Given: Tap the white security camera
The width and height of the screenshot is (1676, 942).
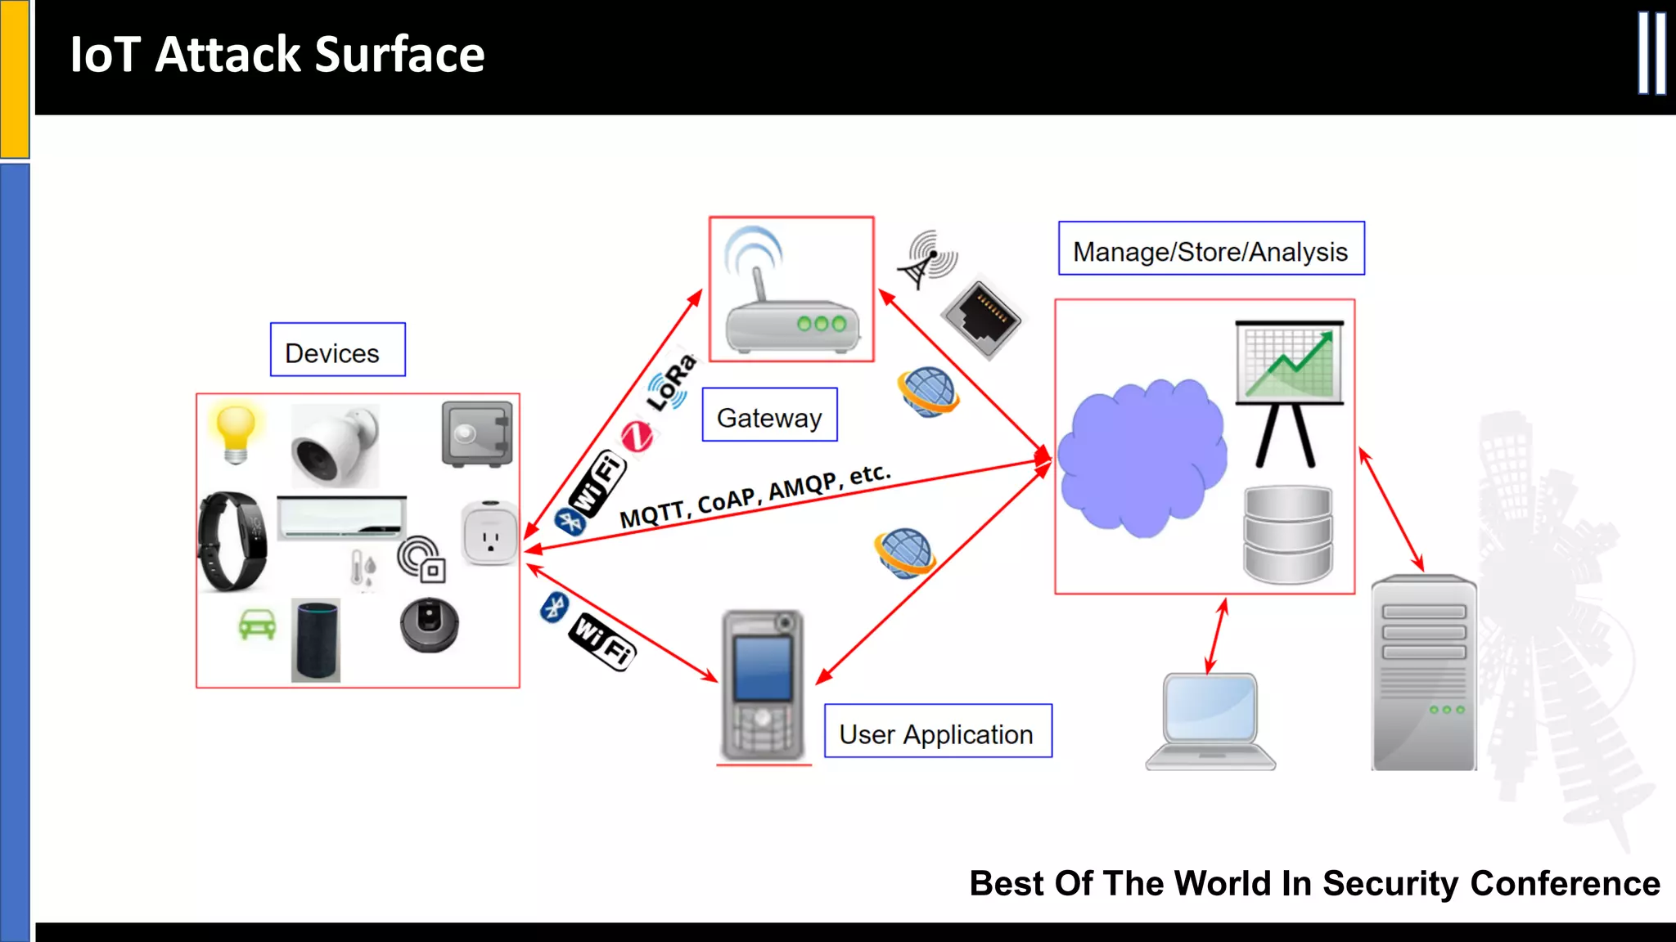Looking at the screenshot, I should pos(335,446).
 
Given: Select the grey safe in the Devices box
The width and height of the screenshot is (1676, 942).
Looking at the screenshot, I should pos(477,434).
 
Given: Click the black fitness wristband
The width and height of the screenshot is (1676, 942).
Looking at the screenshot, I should pos(232,541).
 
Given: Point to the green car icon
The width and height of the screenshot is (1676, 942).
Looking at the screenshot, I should pos(257,626).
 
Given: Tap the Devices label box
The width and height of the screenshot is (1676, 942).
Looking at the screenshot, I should pos(337,350).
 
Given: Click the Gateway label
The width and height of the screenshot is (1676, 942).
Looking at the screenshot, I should pos(769,415).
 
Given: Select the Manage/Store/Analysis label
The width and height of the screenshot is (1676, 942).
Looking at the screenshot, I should pos(1210,249).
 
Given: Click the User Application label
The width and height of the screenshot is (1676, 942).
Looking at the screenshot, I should pos(937,732).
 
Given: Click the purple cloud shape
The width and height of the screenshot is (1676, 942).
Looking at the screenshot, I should pos(1141,458).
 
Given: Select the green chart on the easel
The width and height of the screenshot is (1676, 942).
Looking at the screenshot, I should pos(1289,364).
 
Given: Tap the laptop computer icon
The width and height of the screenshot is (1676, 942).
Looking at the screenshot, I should pos(1210,720).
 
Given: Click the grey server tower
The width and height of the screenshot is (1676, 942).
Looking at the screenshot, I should pos(1424,672).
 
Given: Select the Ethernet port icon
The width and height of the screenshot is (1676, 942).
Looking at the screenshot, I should pos(981,318).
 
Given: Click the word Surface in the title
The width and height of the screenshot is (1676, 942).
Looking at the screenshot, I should pos(399,55).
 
